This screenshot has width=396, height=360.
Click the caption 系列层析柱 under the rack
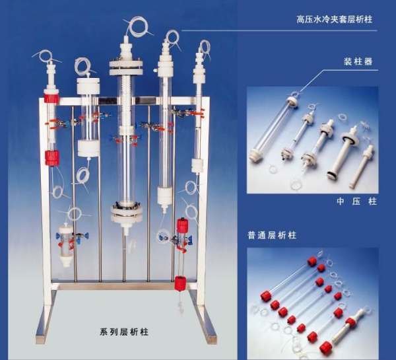[x=124, y=332]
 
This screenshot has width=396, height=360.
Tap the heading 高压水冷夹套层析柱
[x=335, y=19]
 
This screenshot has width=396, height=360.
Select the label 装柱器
[x=358, y=61]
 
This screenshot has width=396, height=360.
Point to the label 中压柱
[x=357, y=201]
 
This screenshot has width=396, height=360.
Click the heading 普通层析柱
[x=272, y=235]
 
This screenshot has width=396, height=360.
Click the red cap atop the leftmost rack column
[x=51, y=98]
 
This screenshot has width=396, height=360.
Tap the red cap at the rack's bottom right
[x=180, y=283]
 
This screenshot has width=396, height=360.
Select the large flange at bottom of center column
[x=126, y=211]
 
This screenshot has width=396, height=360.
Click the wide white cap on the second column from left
[x=88, y=86]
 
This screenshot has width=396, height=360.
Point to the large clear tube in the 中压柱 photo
[x=271, y=129]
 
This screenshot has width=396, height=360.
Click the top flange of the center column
[x=126, y=67]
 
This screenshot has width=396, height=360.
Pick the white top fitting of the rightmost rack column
[x=199, y=67]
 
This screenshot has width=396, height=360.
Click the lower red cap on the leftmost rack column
[x=51, y=159]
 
